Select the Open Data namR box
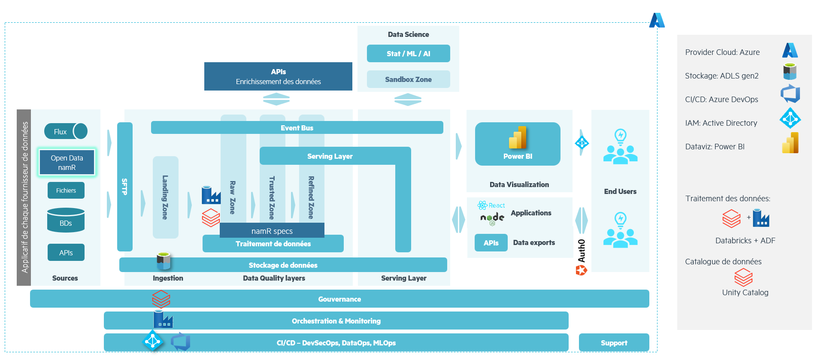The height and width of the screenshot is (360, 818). [67, 163]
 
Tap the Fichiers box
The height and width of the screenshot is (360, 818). [66, 191]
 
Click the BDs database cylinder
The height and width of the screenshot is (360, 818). [66, 221]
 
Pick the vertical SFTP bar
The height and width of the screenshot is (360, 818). [124, 187]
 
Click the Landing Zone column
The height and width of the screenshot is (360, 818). [165, 197]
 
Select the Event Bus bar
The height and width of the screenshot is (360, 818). [297, 128]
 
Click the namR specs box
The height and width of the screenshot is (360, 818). [272, 231]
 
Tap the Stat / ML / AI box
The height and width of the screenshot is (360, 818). [408, 54]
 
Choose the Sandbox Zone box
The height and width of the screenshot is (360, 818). [408, 79]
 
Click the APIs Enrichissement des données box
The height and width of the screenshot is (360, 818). [278, 76]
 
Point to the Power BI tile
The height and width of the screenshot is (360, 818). [518, 144]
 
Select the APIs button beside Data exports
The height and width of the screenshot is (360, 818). [491, 243]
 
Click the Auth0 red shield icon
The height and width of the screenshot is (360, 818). [581, 270]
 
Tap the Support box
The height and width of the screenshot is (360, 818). [614, 343]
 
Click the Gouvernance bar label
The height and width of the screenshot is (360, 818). [339, 299]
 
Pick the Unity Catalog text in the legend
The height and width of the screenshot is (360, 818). [745, 293]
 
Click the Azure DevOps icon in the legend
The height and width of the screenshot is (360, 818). [790, 94]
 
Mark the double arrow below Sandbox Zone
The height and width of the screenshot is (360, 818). [408, 100]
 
